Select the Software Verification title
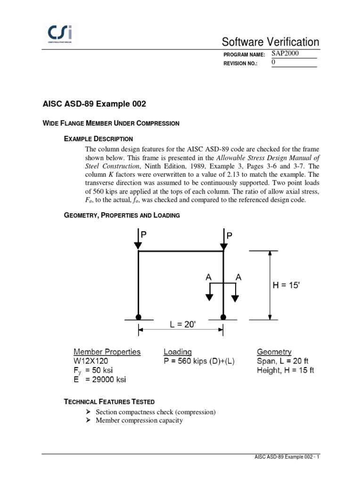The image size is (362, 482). [272, 42]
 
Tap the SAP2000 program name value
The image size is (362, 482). [285, 54]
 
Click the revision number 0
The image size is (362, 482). [274, 63]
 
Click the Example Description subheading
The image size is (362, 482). [99, 139]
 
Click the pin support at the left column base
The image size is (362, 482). [138, 317]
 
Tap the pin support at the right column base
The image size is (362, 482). [223, 317]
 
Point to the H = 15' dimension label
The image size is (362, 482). [293, 284]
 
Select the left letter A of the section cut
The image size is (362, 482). [208, 278]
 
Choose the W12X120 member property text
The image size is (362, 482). [93, 361]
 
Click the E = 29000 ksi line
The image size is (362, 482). [100, 379]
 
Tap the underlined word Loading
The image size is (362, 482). [178, 352]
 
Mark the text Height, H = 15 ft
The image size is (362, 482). [286, 370]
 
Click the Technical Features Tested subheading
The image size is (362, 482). [109, 402]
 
